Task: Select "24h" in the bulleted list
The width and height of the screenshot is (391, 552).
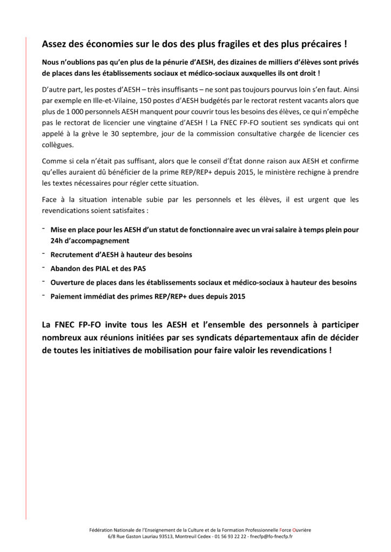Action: click(57, 241)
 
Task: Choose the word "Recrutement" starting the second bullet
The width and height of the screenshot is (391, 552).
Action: click(74, 254)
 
